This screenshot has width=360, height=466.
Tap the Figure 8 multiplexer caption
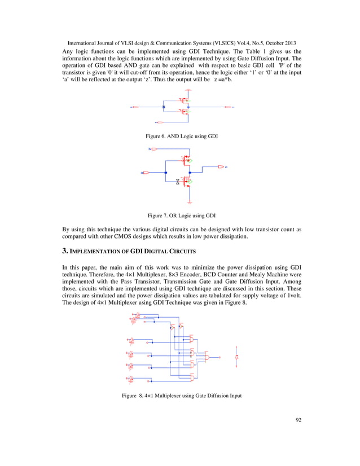click(182, 395)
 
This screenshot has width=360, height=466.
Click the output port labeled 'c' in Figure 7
click(221, 167)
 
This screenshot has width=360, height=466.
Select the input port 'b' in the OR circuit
click(152, 149)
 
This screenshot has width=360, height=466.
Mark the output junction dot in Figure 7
click(190, 167)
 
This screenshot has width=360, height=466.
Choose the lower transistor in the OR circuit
click(186, 182)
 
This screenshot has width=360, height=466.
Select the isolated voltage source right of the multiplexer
click(237, 358)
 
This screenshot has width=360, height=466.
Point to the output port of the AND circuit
click(228, 106)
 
